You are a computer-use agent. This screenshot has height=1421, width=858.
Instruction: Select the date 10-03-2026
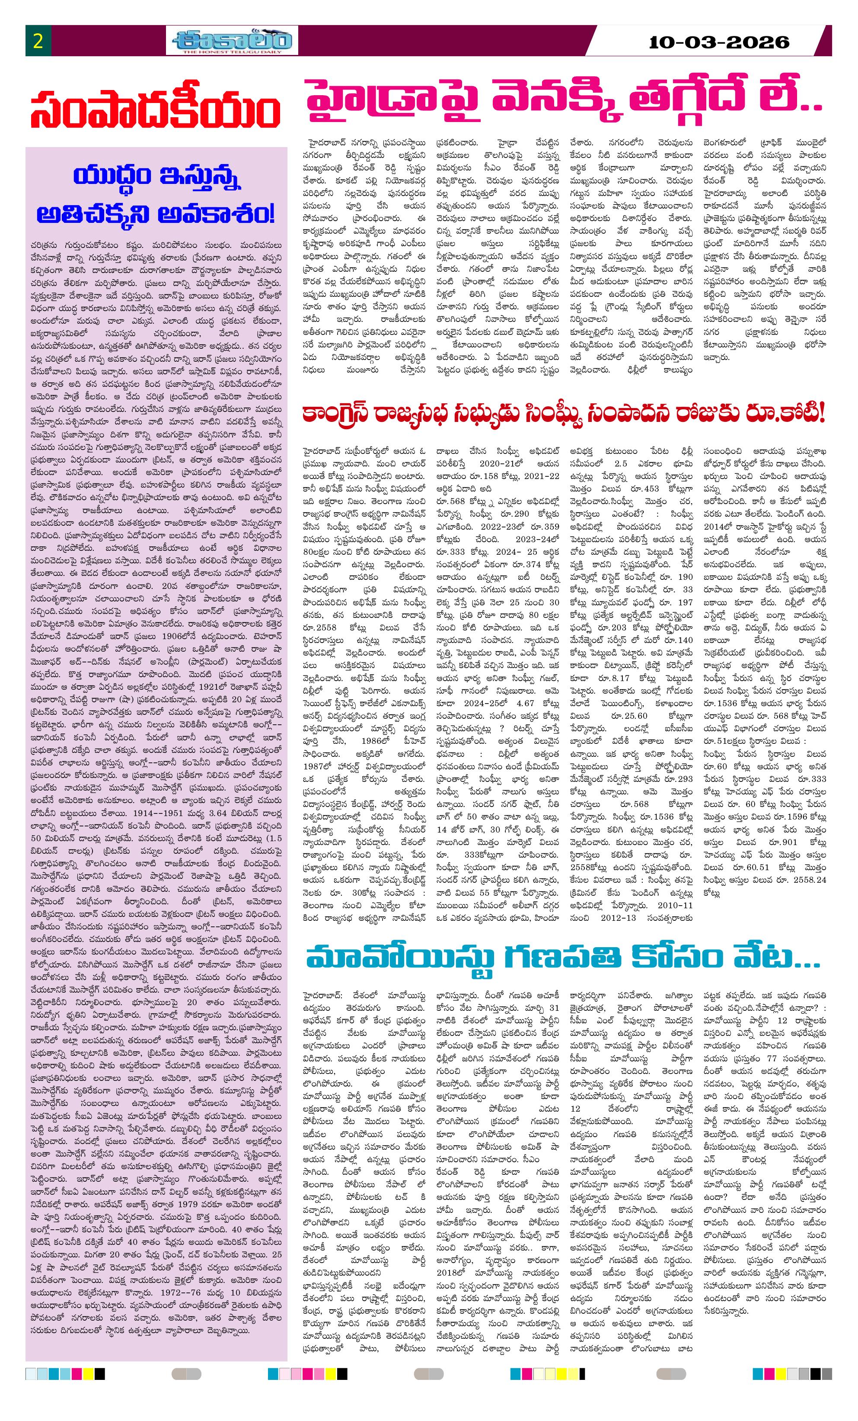tap(718, 42)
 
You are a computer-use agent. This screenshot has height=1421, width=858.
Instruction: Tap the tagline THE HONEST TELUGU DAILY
tap(232, 52)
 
